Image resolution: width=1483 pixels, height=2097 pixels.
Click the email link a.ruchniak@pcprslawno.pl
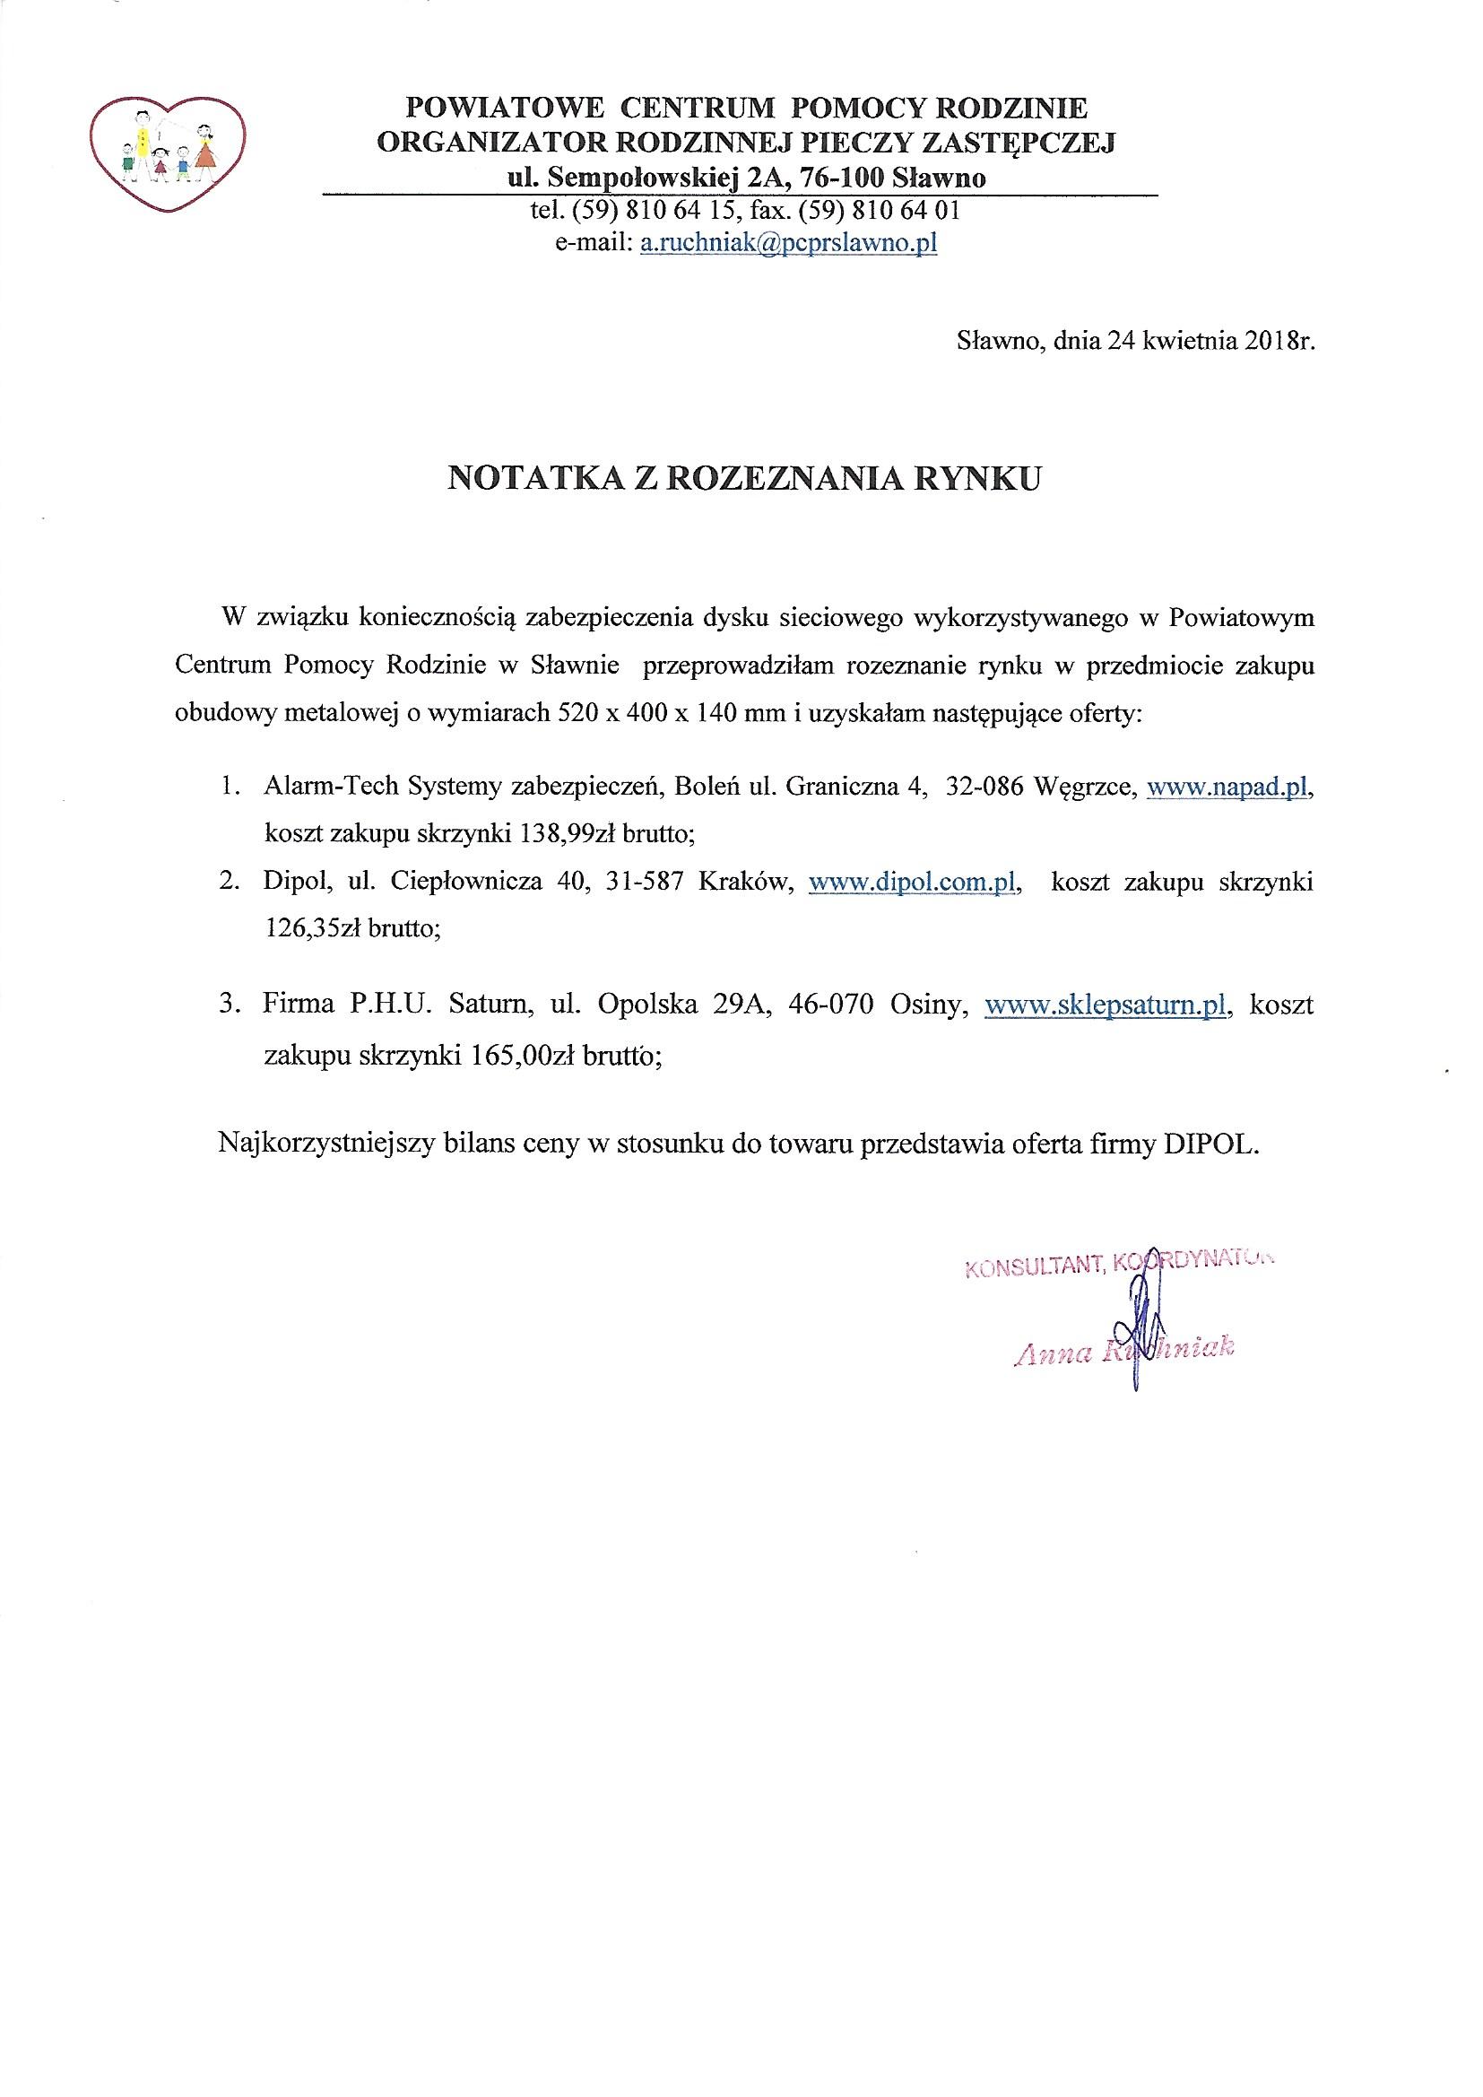[x=788, y=244]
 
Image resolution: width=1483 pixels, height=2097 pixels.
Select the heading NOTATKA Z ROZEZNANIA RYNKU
[x=743, y=480]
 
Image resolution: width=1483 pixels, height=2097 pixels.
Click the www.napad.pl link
[x=1227, y=789]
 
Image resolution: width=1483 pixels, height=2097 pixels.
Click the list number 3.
[x=228, y=1006]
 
